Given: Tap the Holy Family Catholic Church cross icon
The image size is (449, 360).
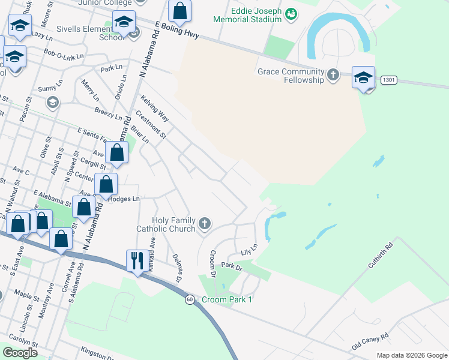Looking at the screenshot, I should coord(204,224).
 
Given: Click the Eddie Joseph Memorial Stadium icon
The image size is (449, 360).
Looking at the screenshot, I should coord(291,13).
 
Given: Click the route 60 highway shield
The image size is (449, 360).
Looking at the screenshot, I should coord(190,299).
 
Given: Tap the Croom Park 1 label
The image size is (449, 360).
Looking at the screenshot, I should coord(227,299).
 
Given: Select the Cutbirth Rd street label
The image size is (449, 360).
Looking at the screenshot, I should coord(382,254).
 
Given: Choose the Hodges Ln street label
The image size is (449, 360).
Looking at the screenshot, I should coord(124,198).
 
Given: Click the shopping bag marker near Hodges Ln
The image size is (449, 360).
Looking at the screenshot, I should coord(106,186).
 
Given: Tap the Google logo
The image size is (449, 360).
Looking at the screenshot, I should coord(20,353).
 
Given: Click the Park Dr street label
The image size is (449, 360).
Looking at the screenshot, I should coord(231,265).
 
